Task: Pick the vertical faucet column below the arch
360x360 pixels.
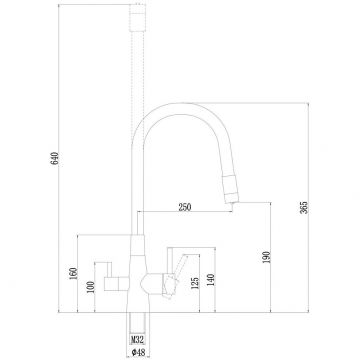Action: pos(133,200)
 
